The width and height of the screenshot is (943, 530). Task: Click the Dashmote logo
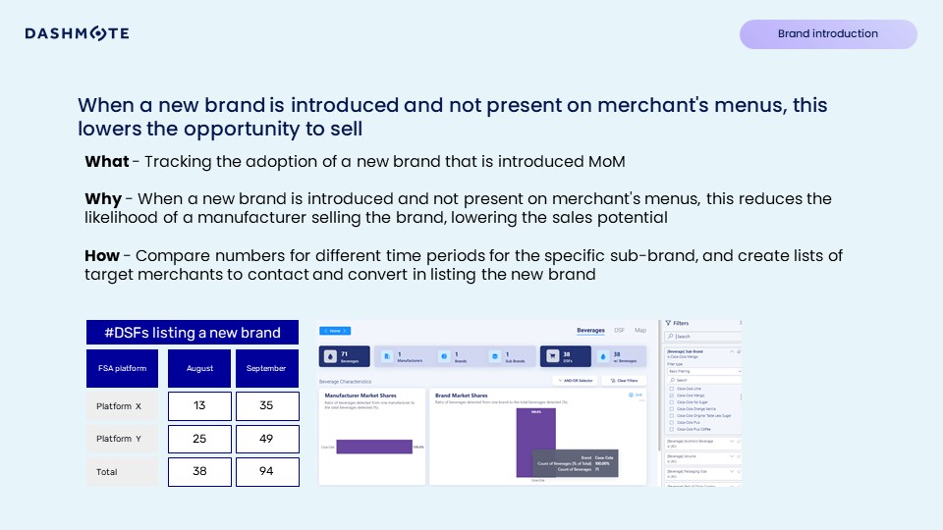[x=77, y=33]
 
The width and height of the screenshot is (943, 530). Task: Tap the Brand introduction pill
[x=827, y=34]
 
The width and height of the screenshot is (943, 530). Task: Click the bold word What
[x=106, y=161]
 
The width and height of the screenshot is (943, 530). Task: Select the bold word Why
[x=103, y=199]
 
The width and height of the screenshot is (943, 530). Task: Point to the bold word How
[x=102, y=256]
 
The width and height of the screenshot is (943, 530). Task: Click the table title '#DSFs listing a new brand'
[x=192, y=332]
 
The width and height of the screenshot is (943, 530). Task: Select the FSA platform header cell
[x=122, y=369]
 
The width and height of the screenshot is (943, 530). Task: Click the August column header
[x=199, y=369]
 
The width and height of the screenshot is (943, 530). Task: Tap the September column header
[x=267, y=369]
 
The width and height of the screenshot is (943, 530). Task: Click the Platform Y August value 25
[x=199, y=439]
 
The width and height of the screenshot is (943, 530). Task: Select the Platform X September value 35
[x=267, y=406]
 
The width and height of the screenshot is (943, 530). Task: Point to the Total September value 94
[x=267, y=472]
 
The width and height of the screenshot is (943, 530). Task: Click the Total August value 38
[x=199, y=472]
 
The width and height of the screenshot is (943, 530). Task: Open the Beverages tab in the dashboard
[x=590, y=331]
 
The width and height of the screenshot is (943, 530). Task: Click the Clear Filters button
[x=624, y=380]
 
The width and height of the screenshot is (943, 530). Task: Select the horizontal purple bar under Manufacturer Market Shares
[x=373, y=447]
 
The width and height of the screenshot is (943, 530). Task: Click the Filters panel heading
[x=682, y=322]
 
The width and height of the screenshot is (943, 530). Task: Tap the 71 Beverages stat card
[x=344, y=358]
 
